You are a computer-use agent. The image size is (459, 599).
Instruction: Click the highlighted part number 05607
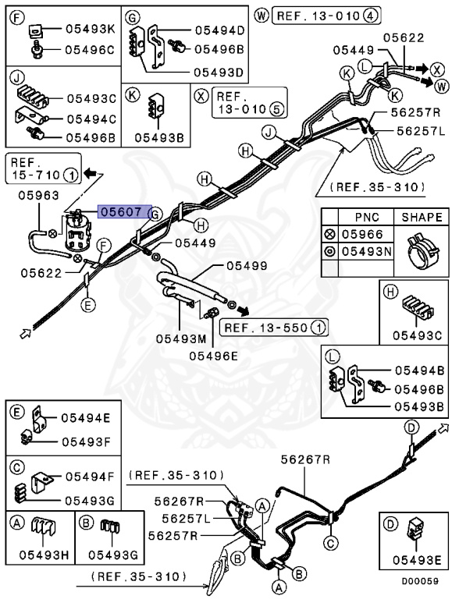tap(120, 212)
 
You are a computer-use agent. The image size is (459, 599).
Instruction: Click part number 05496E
tap(213, 356)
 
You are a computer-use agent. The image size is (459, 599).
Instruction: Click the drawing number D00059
tap(421, 581)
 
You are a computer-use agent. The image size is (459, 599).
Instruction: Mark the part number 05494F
tap(89, 475)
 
